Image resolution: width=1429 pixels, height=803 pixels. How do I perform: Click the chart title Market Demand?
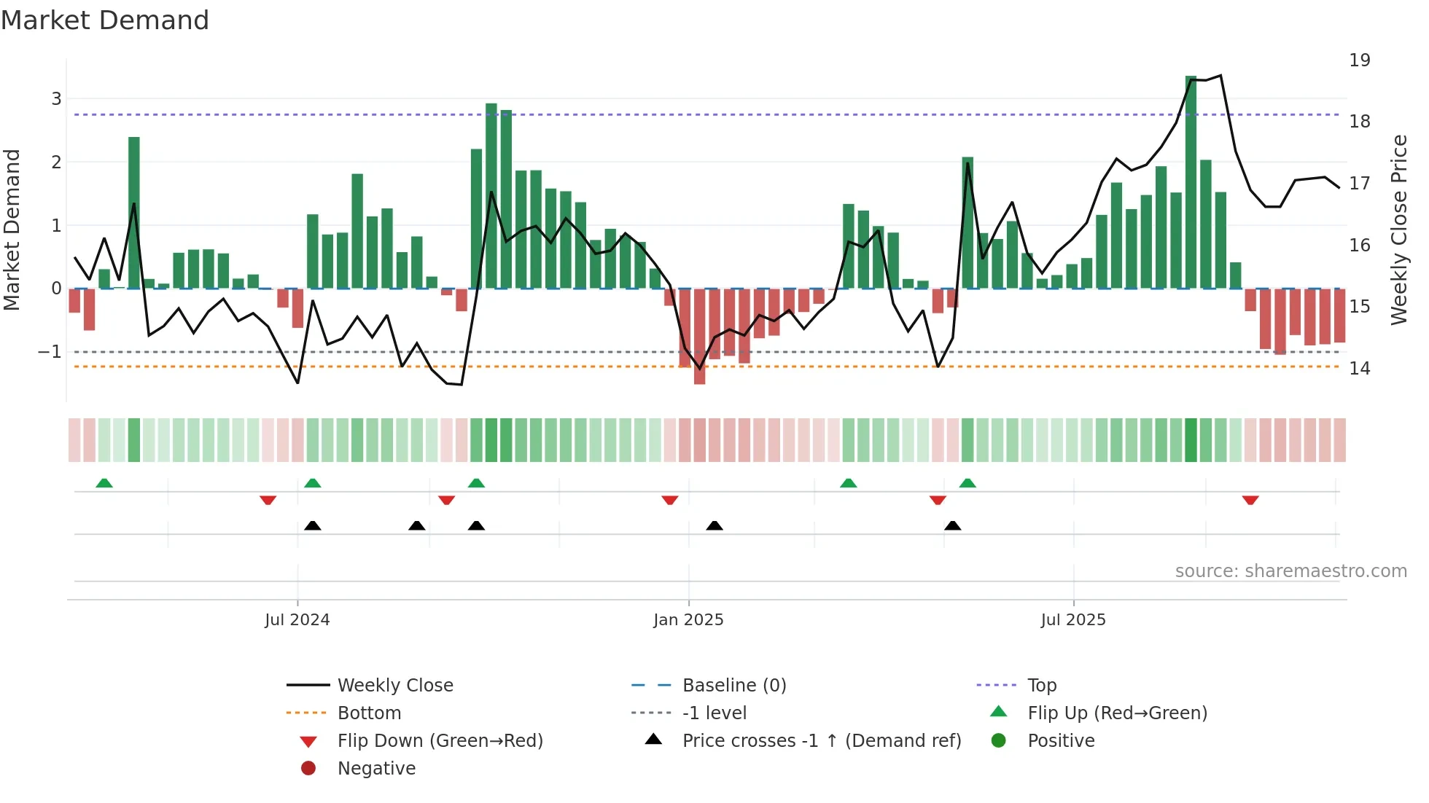(x=105, y=20)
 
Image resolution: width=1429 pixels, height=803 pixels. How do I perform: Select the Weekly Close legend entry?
(x=394, y=685)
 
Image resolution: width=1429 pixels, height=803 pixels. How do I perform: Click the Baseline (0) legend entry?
(x=733, y=685)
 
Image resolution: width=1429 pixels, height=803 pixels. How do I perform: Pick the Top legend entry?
(x=1041, y=685)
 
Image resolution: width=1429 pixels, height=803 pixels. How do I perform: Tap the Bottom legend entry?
(x=369, y=713)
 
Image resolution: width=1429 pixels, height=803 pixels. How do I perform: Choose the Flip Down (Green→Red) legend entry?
(x=440, y=740)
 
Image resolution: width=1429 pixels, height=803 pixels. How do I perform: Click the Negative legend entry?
(x=376, y=768)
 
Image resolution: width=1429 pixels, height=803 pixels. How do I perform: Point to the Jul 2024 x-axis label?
(x=297, y=619)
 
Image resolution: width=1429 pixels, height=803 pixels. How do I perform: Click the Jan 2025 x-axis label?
(x=688, y=619)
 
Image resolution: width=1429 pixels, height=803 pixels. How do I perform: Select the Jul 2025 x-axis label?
(x=1072, y=619)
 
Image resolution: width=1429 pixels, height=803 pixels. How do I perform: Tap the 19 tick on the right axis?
(x=1359, y=60)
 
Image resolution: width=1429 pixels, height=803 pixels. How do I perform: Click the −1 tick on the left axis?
(x=50, y=351)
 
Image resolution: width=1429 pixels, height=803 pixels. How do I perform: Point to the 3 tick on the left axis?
(x=56, y=98)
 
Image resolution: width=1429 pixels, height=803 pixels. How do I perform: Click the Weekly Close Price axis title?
(x=1398, y=230)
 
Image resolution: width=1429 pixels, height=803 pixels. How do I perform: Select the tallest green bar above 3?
(x=1191, y=182)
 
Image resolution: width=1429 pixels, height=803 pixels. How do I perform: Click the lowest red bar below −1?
(x=699, y=337)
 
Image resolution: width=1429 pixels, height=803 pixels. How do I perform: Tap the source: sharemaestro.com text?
(x=1290, y=571)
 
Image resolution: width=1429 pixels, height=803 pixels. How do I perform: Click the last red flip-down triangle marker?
(x=1250, y=500)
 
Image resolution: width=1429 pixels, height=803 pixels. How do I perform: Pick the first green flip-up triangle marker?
(x=104, y=483)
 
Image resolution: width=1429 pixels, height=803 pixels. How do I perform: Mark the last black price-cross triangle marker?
(x=952, y=525)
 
